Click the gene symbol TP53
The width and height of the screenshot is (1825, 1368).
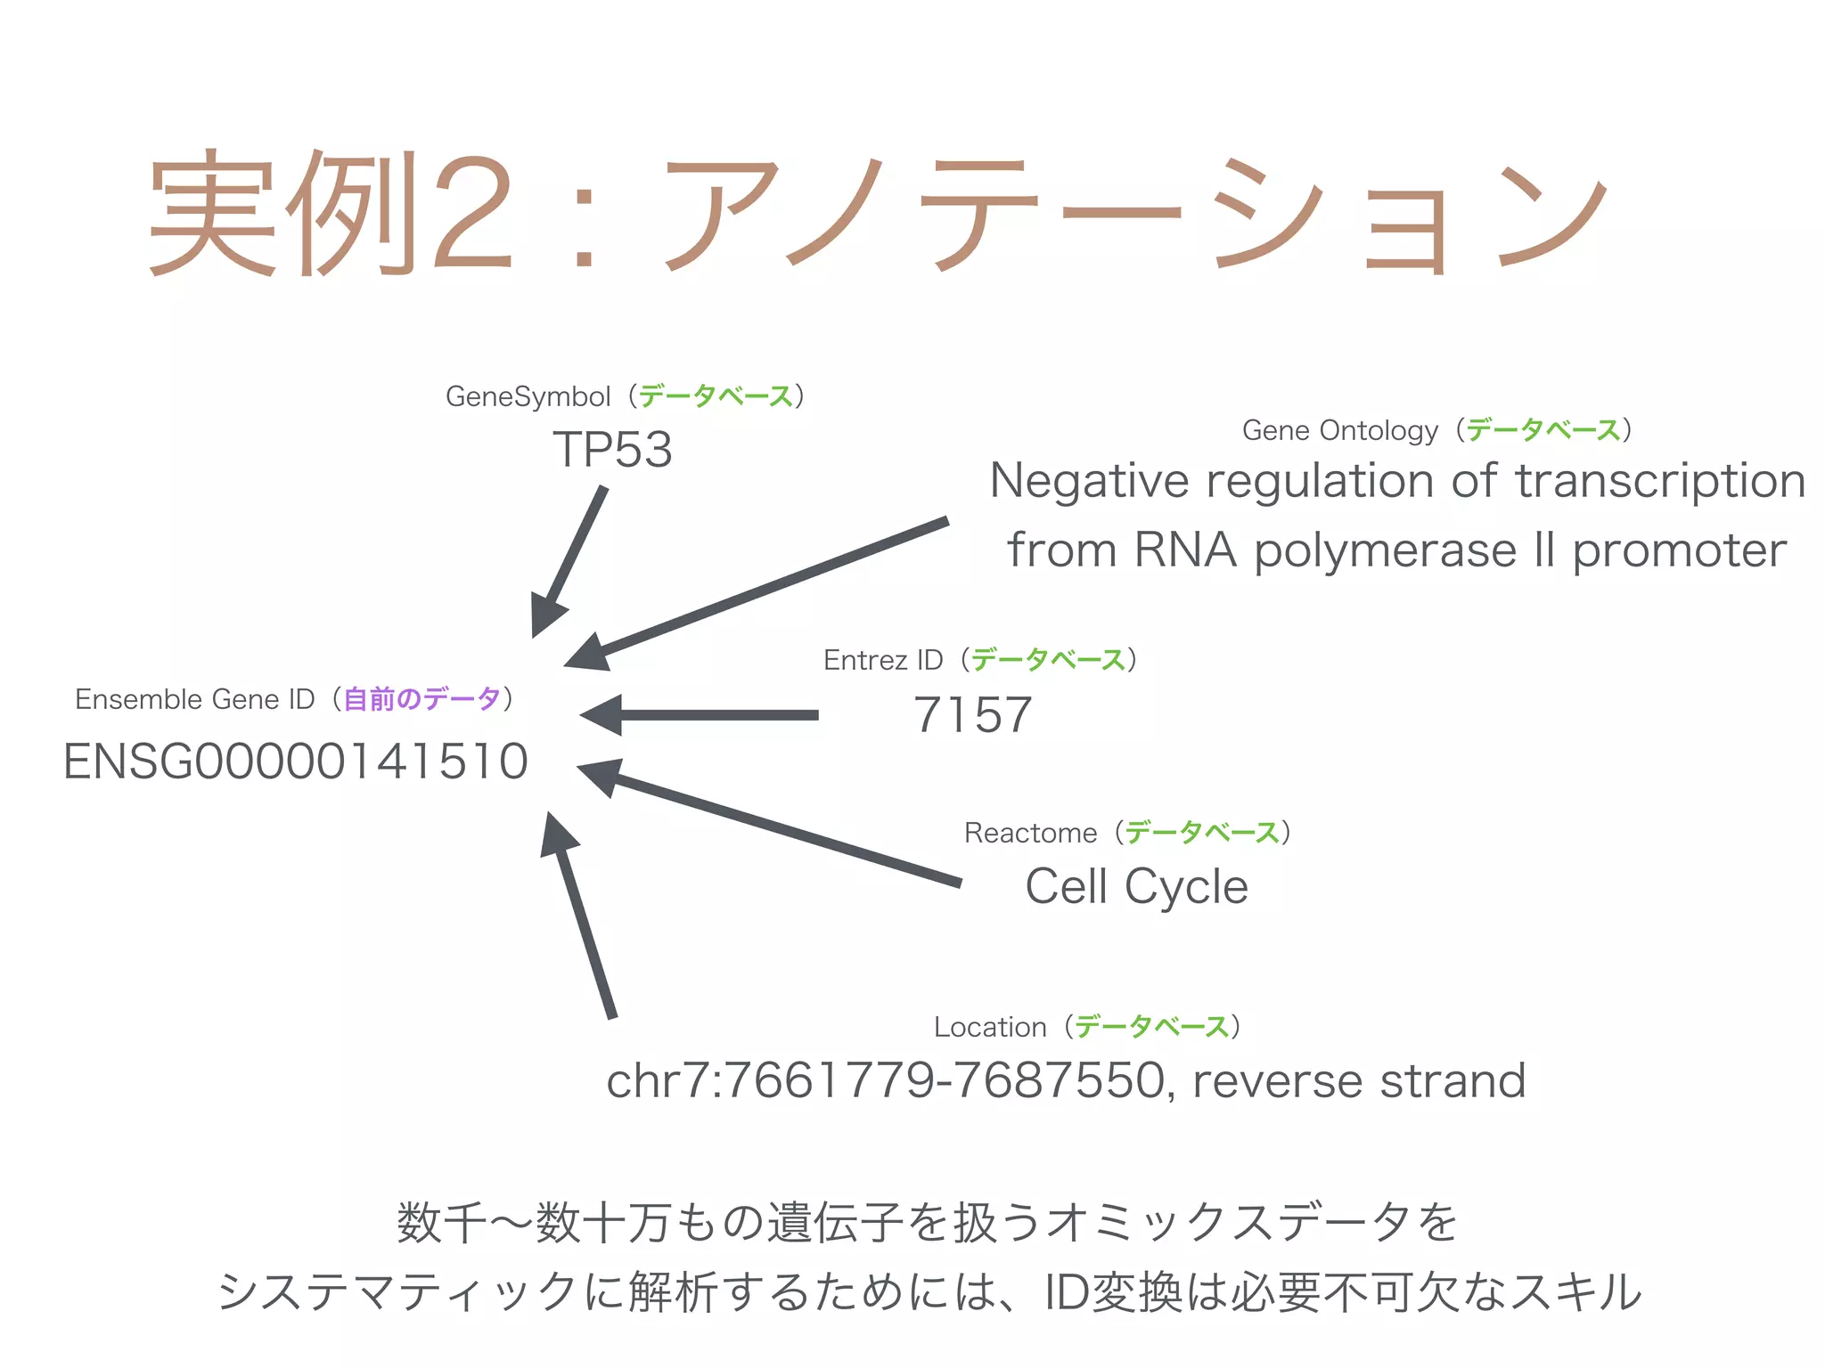[612, 449]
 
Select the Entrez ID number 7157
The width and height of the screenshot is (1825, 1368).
[973, 714]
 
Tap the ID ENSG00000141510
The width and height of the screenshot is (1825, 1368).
[296, 761]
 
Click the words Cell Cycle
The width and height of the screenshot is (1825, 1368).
[1136, 886]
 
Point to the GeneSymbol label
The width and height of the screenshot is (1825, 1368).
[528, 396]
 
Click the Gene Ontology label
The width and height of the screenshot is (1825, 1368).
[1339, 430]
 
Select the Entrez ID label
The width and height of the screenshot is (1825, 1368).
[882, 660]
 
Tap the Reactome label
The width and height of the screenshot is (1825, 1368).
[1030, 833]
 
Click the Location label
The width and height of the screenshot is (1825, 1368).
[990, 1027]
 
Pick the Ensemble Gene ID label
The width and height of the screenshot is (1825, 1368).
[194, 699]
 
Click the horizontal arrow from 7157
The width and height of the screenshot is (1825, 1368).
[704, 714]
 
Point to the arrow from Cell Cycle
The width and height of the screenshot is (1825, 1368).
[766, 824]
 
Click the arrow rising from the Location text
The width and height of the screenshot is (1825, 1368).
[584, 917]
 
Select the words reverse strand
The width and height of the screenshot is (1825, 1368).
[1359, 1080]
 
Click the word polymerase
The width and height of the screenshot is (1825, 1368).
[1386, 550]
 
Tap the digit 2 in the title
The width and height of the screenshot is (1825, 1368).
[472, 214]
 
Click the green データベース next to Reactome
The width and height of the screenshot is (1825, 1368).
[1202, 833]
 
